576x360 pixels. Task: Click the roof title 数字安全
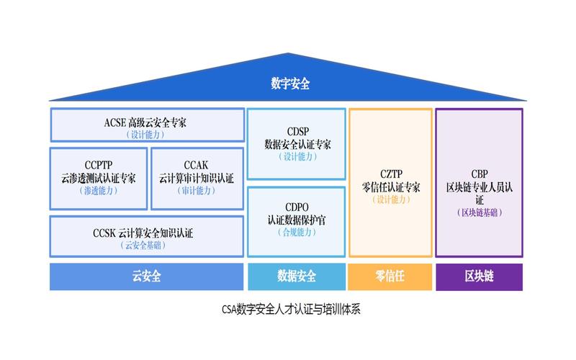[290, 84]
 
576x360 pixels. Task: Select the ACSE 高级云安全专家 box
[146, 125]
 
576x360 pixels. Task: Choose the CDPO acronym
[297, 206]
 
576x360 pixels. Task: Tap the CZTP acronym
[391, 173]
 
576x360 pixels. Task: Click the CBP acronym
[480, 173]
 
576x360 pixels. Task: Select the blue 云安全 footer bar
[146, 276]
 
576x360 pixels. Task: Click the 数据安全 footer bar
[296, 276]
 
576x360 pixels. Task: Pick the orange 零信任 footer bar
[390, 276]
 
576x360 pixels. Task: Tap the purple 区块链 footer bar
[479, 276]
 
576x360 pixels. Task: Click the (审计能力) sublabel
[195, 191]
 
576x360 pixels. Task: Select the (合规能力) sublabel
[297, 233]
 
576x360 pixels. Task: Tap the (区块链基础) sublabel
[480, 212]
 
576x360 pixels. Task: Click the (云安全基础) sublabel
[146, 246]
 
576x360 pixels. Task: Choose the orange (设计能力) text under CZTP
[391, 200]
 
